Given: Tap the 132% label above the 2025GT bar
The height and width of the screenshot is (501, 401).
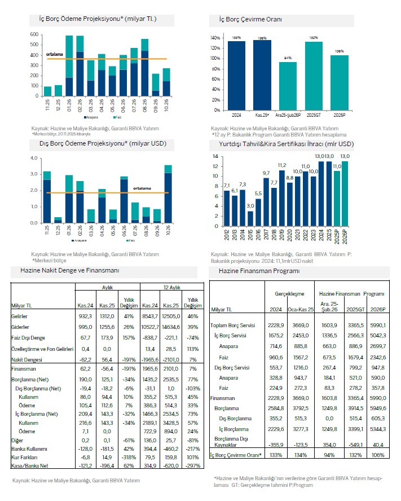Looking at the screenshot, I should coord(314,38).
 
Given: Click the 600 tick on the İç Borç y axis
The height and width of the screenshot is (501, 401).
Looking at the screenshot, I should coord(34,35).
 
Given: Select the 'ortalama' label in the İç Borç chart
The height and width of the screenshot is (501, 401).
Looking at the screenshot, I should coord(55,54).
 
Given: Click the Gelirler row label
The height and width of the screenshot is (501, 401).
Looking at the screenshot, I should coord(21,317).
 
